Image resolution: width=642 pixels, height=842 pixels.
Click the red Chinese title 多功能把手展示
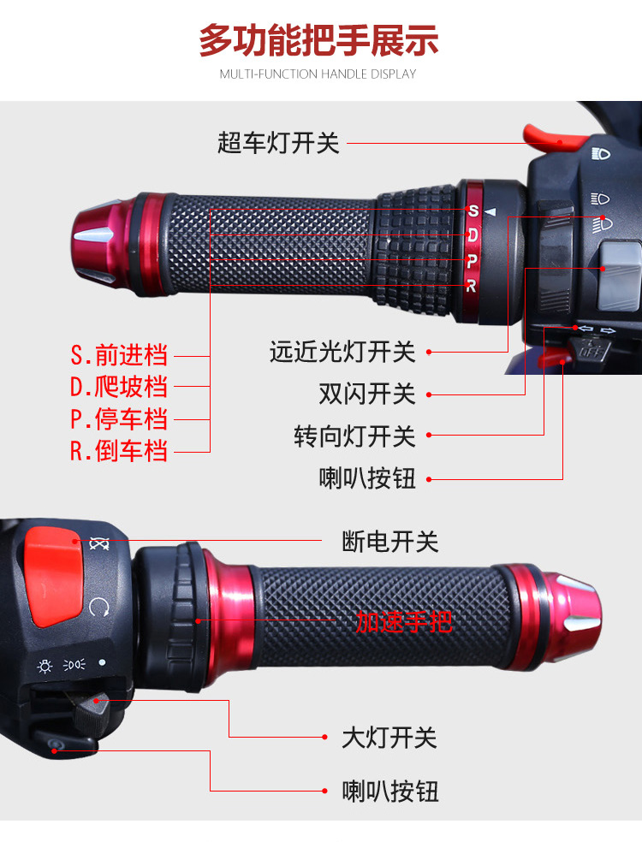pyautogui.click(x=318, y=41)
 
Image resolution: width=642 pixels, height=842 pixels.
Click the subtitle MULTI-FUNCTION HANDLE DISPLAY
pyautogui.click(x=318, y=74)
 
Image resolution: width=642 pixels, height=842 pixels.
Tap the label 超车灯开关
pyautogui.click(x=278, y=144)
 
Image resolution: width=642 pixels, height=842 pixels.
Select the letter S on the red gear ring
pyautogui.click(x=473, y=211)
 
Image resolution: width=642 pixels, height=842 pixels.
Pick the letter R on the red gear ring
pyautogui.click(x=471, y=286)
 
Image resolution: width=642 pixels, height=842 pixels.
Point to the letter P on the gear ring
pyautogui.click(x=473, y=262)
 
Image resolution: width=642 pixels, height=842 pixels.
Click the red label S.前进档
pyautogui.click(x=119, y=355)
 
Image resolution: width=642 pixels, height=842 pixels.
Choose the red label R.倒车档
pyautogui.click(x=119, y=451)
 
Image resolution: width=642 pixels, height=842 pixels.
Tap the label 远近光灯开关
pyautogui.click(x=342, y=353)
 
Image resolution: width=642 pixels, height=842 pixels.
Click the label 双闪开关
pyautogui.click(x=367, y=394)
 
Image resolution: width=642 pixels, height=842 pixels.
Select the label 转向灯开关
pyautogui.click(x=354, y=436)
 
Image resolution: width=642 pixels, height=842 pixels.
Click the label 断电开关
pyautogui.click(x=390, y=542)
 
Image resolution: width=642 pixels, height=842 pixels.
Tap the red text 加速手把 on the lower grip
pyautogui.click(x=404, y=622)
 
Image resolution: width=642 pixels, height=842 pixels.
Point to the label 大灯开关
pyautogui.click(x=389, y=738)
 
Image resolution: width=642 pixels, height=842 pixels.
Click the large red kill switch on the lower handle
pyautogui.click(x=54, y=577)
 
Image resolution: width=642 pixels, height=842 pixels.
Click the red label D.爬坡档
pyautogui.click(x=119, y=387)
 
